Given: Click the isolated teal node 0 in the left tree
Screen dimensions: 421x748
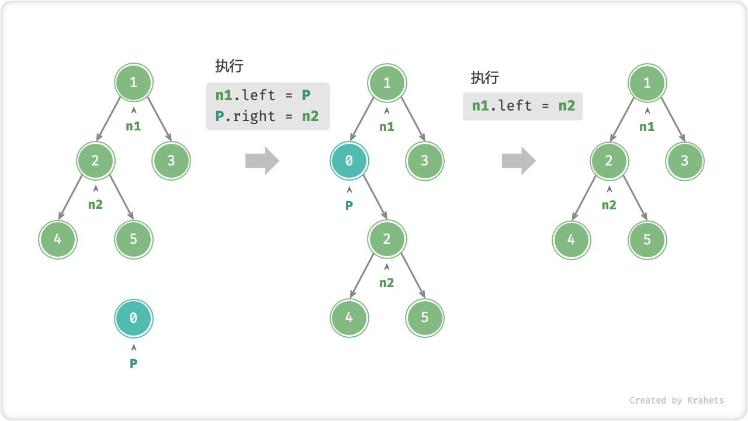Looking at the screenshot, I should pos(133,318).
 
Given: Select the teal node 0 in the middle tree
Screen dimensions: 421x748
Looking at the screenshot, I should pos(349,161).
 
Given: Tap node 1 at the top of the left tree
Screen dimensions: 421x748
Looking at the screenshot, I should pos(133,82).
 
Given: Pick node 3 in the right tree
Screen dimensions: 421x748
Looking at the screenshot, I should pos(685,161).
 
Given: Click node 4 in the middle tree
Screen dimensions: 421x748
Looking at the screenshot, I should pos(349,317).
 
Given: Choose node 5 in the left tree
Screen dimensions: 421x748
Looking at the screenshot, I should pos(133,239).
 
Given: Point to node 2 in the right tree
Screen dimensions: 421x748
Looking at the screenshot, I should pos(609,161).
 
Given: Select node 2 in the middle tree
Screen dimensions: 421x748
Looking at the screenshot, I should pos(387,239).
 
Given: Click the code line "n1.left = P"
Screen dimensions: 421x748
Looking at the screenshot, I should pos(262,95).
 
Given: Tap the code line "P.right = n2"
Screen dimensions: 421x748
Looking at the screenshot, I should pos(267,116).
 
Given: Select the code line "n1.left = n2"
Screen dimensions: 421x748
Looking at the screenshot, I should pos(523,106).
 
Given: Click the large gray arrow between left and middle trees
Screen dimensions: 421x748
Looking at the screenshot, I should pos(262,161).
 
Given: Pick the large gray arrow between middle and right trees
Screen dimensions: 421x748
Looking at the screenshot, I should pos(518,161).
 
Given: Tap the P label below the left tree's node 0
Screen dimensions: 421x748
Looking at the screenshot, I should pos(133,363).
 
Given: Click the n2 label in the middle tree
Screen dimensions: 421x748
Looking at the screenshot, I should pos(387,283).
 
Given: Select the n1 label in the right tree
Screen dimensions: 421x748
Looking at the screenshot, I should pos(647,127).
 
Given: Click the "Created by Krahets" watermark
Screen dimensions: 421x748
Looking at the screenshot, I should pos(676,401).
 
